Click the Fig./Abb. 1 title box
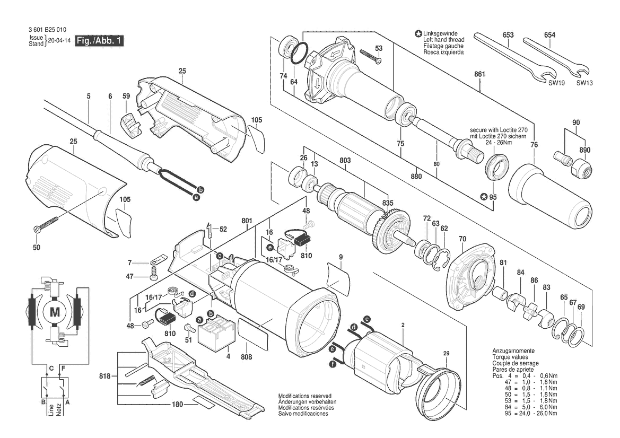click(100, 40)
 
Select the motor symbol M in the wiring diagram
click(55, 312)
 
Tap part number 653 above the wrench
click(508, 35)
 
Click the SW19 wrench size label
click(556, 83)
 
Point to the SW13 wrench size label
click(584, 83)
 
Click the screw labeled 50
click(46, 223)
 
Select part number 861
click(479, 74)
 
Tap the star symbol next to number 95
click(483, 197)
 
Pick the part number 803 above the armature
click(345, 160)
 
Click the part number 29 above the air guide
click(447, 353)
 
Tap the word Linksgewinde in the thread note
click(441, 33)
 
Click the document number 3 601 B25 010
click(47, 30)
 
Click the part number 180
click(178, 404)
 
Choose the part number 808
click(246, 356)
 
